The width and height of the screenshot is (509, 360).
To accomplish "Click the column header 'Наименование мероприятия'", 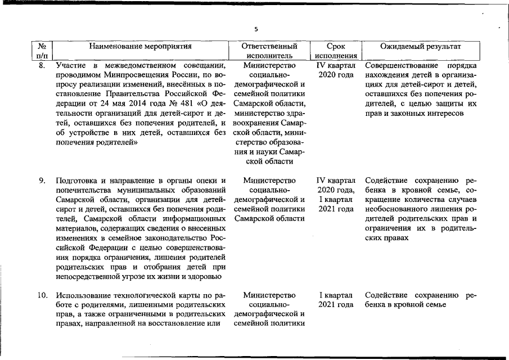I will click(x=141, y=46).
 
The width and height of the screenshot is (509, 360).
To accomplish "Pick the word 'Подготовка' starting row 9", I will click(x=76, y=181).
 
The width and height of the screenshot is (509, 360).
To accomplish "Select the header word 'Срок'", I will click(x=336, y=46).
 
